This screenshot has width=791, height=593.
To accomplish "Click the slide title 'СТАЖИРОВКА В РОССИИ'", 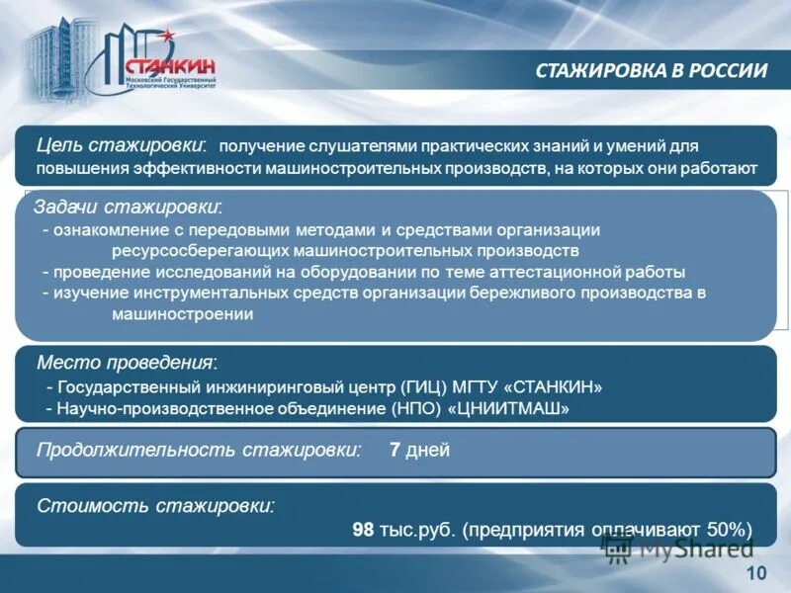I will (x=652, y=70).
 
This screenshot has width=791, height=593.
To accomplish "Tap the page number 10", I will (x=756, y=574).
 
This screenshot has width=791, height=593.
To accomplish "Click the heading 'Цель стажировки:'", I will (x=122, y=144).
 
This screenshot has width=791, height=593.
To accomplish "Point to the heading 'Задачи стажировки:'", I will (x=128, y=208).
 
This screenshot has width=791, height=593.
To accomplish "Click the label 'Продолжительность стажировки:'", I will (x=198, y=450).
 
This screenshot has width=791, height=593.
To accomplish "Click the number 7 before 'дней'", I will (x=395, y=451).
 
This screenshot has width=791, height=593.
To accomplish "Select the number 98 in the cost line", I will (x=363, y=529).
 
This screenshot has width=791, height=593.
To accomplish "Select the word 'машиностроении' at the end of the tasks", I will (x=182, y=314).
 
